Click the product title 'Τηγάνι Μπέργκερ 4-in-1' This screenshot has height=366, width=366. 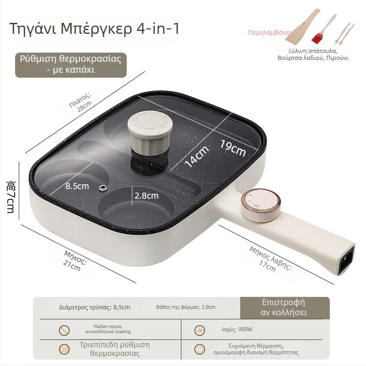[x=94, y=29]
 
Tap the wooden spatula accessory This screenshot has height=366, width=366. [x=303, y=27]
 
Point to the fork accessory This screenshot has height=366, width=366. [x=344, y=34]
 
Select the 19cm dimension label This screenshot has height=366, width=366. [x=233, y=148]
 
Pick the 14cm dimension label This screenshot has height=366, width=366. [x=197, y=156]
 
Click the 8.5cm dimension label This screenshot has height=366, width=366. [x=77, y=186]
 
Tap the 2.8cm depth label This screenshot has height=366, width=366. [x=146, y=196]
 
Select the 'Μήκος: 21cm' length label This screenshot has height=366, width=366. [x=74, y=261]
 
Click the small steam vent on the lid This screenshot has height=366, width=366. [x=102, y=188]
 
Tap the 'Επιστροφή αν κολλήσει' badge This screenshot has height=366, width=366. [x=285, y=307]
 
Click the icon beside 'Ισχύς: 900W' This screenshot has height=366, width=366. [x=199, y=330]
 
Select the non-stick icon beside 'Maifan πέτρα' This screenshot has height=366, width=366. [x=64, y=330]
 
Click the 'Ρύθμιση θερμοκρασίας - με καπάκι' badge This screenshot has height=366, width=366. [x=71, y=65]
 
